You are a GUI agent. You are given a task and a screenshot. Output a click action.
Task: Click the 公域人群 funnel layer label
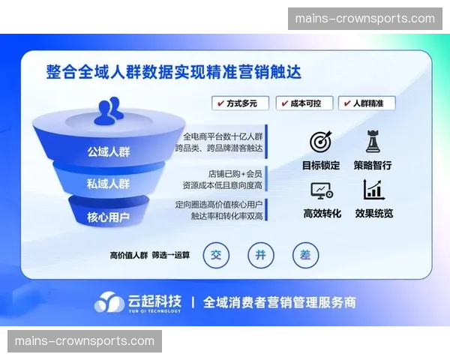click(x=108, y=151)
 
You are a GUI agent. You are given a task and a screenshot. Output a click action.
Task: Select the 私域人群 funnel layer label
click(x=108, y=184)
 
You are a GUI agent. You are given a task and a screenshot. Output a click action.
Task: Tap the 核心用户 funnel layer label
click(x=108, y=218)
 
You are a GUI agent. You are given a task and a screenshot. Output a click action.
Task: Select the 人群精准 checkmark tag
click(x=367, y=103)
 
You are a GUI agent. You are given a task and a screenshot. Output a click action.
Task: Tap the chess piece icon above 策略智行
click(x=373, y=141)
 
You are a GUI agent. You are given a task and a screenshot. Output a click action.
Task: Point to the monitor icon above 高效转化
click(x=321, y=190)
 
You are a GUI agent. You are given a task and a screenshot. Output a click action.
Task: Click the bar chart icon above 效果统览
click(x=373, y=190)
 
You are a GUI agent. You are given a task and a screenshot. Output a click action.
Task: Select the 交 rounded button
click(x=217, y=255)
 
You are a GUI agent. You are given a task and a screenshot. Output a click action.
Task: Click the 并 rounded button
click(x=261, y=255)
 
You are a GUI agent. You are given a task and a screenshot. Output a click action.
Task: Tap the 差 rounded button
click(x=305, y=255)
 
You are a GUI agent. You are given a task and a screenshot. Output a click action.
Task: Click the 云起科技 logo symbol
click(x=109, y=302)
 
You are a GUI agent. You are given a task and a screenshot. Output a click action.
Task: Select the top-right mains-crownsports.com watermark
click(x=365, y=19)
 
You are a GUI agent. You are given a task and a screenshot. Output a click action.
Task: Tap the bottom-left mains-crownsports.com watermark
click(x=84, y=341)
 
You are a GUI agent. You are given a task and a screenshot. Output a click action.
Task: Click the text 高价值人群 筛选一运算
click(x=150, y=255)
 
